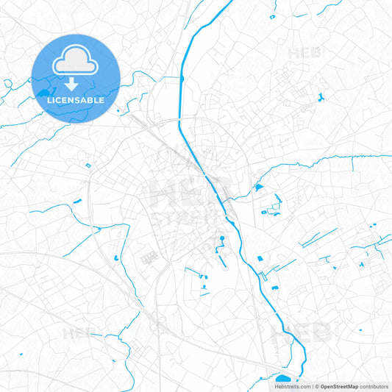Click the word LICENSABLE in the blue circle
(x=76, y=99)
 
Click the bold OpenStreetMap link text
(x=338, y=386)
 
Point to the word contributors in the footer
(x=374, y=386)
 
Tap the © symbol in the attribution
(x=316, y=386)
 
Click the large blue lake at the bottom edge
(x=282, y=379)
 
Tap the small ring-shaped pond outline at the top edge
(x=272, y=16)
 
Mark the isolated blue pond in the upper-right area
(x=321, y=98)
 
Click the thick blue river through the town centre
(x=213, y=184)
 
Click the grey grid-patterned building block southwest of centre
(x=150, y=257)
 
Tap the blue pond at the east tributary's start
(x=258, y=188)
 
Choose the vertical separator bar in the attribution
(x=312, y=386)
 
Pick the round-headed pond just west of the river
(x=221, y=239)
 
